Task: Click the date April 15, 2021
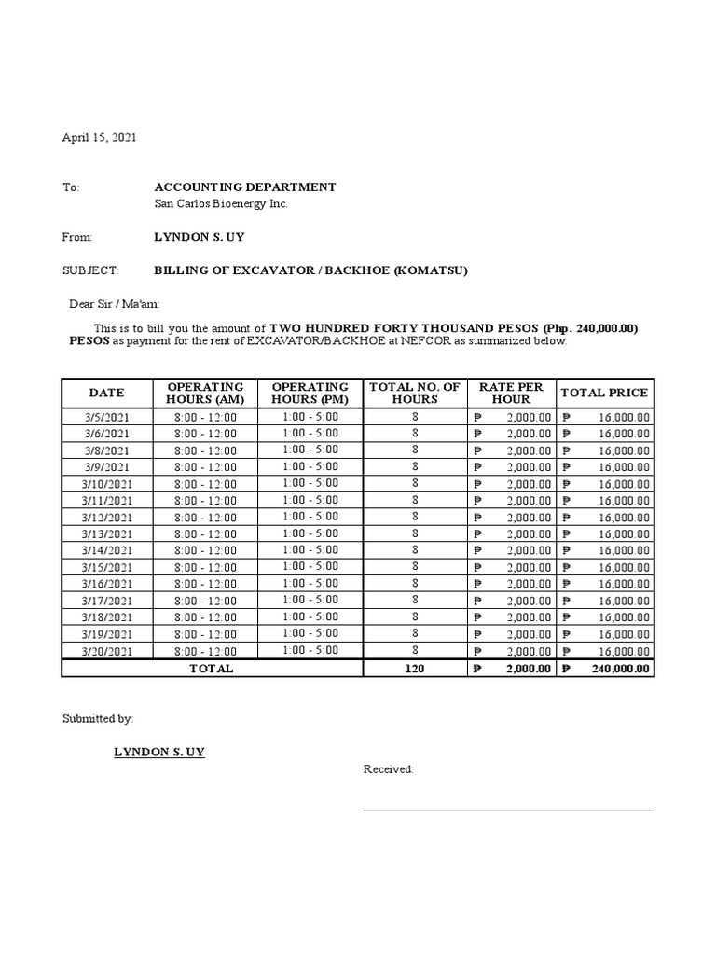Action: pos(99,137)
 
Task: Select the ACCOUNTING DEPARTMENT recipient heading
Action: pos(244,187)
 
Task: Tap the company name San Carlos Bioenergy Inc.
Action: pos(220,204)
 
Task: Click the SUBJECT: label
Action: pos(89,271)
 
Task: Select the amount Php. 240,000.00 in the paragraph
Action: pos(589,328)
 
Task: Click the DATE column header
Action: pos(106,393)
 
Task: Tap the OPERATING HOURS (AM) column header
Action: pos(205,393)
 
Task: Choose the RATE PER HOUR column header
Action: pos(510,393)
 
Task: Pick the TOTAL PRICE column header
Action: pos(604,393)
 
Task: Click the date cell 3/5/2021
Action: pos(106,418)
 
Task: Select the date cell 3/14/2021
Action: pos(106,551)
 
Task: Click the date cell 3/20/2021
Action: pos(106,652)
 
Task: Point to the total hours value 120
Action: pos(415,669)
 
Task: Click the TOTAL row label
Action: pos(212,669)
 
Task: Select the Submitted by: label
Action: pos(97,719)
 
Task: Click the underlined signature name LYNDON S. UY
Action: pos(158,752)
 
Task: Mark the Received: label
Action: pos(388,769)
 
